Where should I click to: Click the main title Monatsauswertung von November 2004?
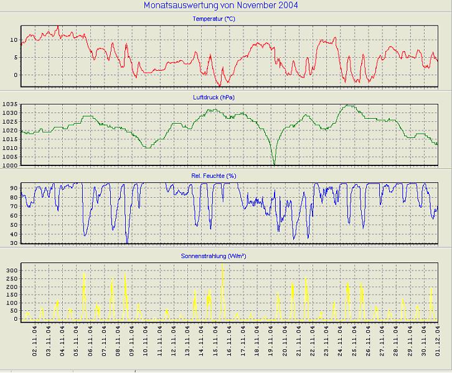click(x=220, y=6)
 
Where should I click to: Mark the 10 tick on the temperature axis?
click(x=13, y=40)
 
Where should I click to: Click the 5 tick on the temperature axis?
click(x=15, y=57)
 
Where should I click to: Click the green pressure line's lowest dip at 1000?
click(x=274, y=164)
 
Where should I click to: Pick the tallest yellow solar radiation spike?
click(x=222, y=265)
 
